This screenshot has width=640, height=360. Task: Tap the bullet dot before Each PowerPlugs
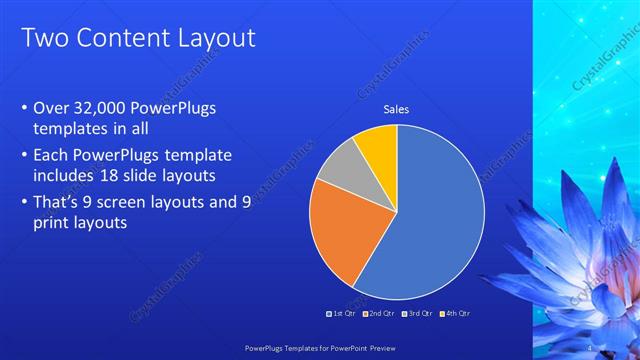pos(24,156)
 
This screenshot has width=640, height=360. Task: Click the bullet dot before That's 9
pos(24,201)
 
